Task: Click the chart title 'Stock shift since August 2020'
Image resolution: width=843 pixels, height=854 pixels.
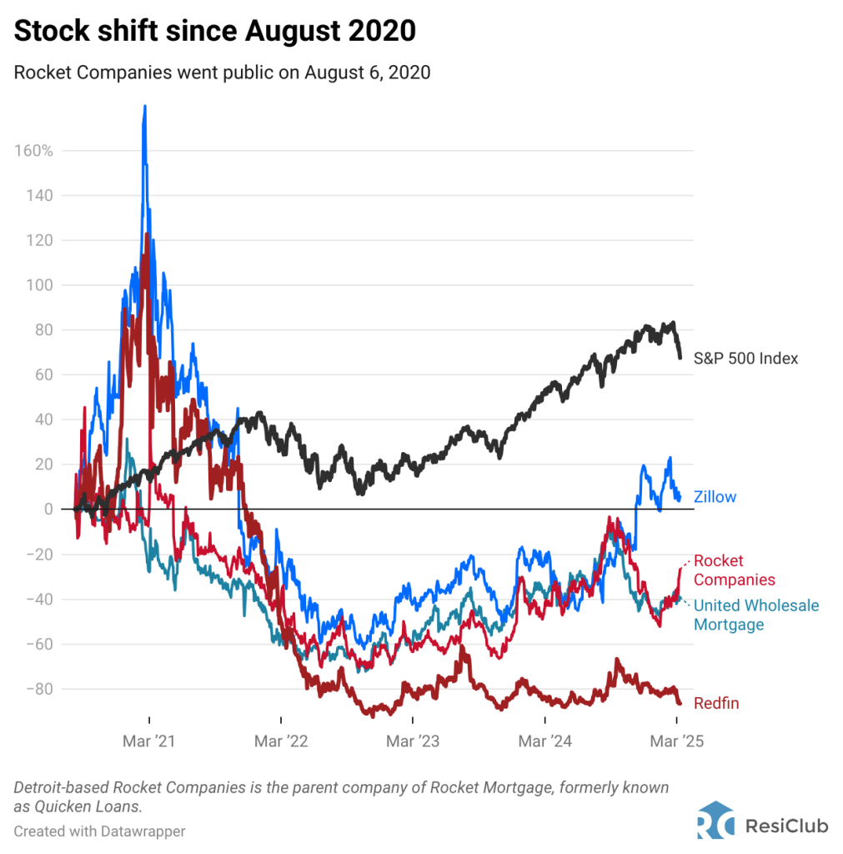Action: [214, 32]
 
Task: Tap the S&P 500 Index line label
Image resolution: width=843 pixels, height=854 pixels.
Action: [745, 359]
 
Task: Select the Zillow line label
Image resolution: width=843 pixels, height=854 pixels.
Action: [715, 497]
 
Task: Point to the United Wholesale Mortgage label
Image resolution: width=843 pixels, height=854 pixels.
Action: [756, 615]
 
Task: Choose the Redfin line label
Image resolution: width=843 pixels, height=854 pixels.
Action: [715, 704]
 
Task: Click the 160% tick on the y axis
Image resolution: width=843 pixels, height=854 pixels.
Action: [33, 151]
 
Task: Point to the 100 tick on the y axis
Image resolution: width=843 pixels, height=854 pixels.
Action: [40, 285]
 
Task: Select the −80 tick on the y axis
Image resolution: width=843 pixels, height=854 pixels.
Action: [38, 689]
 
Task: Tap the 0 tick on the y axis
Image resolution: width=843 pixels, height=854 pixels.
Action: [48, 509]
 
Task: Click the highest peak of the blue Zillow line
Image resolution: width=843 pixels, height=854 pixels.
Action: [145, 107]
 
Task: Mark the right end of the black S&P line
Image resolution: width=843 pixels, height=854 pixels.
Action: [680, 357]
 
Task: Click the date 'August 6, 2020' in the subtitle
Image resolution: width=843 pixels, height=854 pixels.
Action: [367, 73]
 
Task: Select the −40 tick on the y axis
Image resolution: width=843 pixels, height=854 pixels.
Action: [38, 599]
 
